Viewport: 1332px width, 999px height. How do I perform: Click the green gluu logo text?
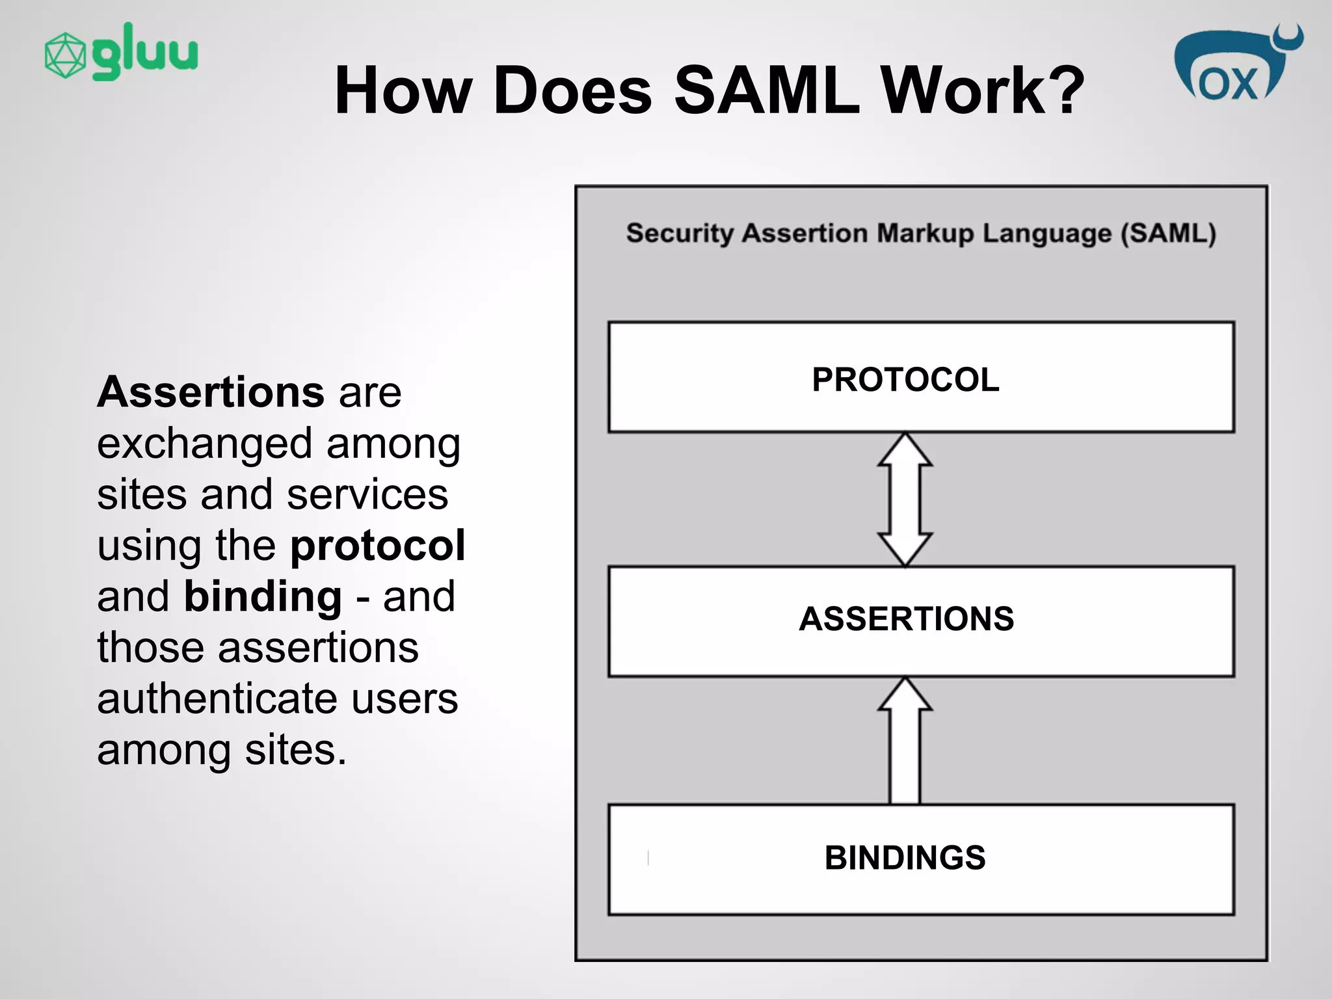click(144, 52)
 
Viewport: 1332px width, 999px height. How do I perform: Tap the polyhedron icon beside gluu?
click(65, 55)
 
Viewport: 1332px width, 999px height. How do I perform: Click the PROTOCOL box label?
click(905, 379)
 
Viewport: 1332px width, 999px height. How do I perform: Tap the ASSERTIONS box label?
click(906, 619)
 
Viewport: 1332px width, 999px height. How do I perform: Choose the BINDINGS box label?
click(905, 857)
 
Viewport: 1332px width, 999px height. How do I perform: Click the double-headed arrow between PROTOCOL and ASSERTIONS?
click(905, 499)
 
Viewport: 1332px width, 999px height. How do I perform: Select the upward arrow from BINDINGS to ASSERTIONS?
click(905, 741)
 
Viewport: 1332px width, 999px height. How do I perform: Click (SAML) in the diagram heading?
click(1167, 233)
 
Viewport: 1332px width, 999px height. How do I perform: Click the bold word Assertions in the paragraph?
click(210, 392)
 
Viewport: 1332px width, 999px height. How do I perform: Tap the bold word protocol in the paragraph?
click(377, 545)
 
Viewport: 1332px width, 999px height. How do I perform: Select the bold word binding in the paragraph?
click(263, 596)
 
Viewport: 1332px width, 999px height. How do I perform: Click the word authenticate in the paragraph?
click(216, 699)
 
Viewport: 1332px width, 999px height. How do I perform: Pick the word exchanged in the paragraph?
click(205, 444)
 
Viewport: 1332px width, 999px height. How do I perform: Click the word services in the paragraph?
click(367, 494)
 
